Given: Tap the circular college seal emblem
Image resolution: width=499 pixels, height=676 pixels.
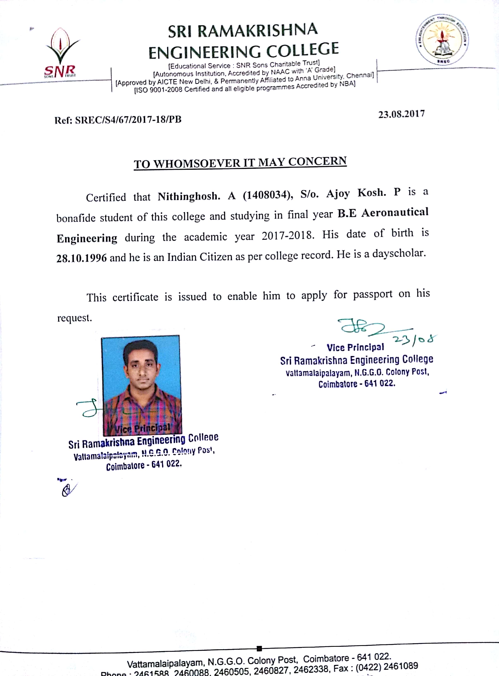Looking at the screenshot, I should click(x=443, y=39).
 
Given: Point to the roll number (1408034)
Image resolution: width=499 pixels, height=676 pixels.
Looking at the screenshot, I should click(x=268, y=195).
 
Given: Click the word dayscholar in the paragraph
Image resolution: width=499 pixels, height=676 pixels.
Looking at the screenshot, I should click(x=399, y=253).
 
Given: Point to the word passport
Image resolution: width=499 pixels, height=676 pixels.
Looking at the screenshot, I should click(x=373, y=294).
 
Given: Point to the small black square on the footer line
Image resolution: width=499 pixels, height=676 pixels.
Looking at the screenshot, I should click(x=259, y=648).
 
